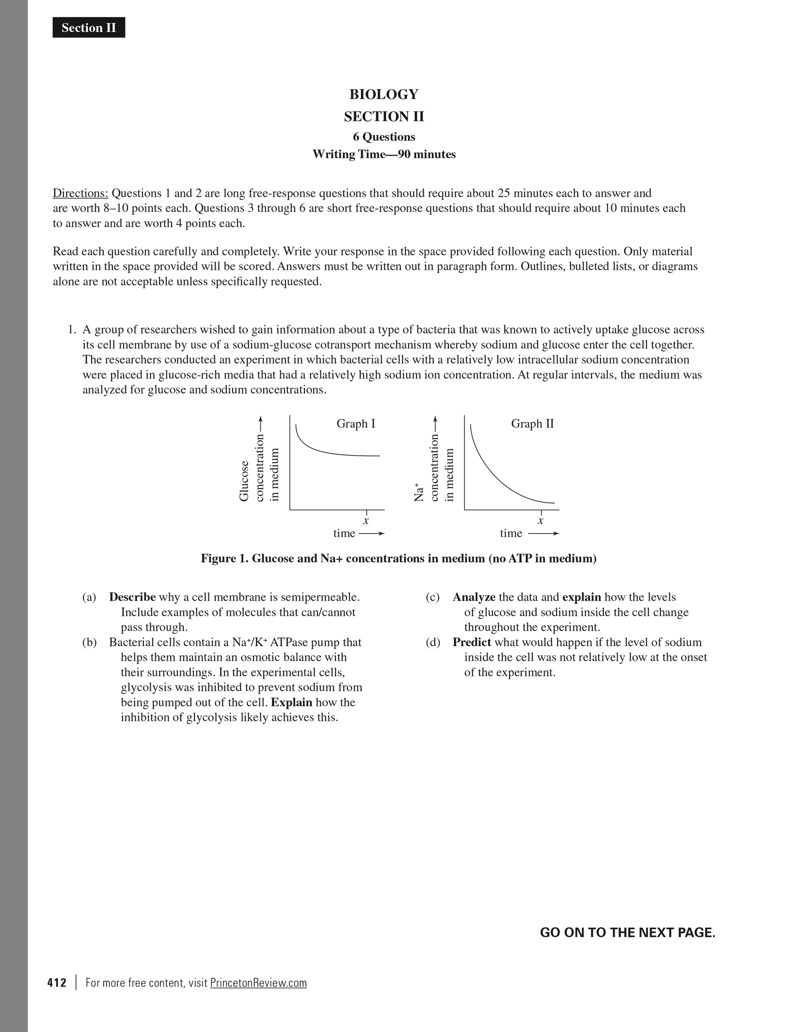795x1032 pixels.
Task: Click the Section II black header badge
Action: [89, 28]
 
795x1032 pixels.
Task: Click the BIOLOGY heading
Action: [383, 94]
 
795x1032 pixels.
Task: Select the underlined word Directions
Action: [80, 193]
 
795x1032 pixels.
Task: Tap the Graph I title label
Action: [356, 424]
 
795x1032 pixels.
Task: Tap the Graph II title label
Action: [532, 424]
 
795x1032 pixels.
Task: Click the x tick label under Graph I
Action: [366, 521]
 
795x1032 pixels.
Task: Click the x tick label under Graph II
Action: [541, 521]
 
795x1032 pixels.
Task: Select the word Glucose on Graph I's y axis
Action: [244, 481]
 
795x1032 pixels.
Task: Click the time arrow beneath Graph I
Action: [371, 534]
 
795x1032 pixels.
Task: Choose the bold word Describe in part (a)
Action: [132, 597]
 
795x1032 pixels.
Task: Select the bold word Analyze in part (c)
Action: [474, 597]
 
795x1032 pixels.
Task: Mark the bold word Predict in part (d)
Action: [472, 642]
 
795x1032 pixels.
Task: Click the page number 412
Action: [57, 983]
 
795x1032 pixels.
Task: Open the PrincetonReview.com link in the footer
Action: [258, 983]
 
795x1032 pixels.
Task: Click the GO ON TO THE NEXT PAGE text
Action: [627, 933]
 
